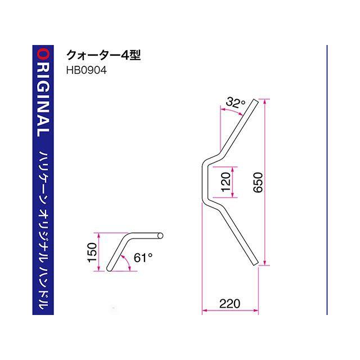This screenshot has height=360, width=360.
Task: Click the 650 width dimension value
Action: pyautogui.click(x=258, y=182)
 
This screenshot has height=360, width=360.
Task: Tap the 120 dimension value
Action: pyautogui.click(x=226, y=182)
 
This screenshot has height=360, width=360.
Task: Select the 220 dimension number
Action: pyautogui.click(x=230, y=304)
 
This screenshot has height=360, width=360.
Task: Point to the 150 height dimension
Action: pyautogui.click(x=92, y=253)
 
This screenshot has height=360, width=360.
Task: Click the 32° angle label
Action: pyautogui.click(x=235, y=102)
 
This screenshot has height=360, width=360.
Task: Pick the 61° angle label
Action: pyautogui.click(x=143, y=258)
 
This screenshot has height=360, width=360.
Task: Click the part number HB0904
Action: pyautogui.click(x=86, y=70)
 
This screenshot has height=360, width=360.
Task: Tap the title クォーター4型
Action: pyautogui.click(x=103, y=55)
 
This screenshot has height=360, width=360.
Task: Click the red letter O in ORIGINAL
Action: pyautogui.click(x=43, y=55)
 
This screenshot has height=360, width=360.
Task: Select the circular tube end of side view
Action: pyautogui.click(x=160, y=236)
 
